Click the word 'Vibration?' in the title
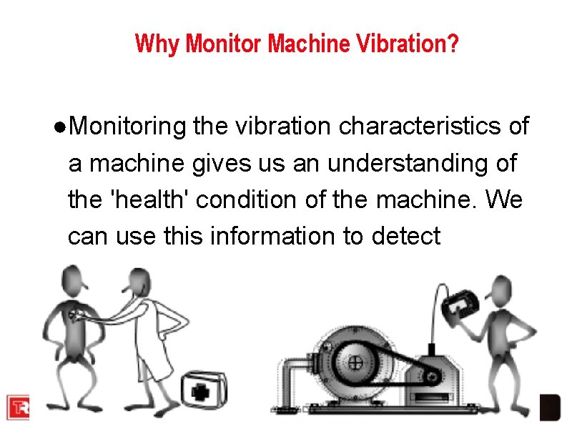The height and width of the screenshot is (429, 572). (x=415, y=44)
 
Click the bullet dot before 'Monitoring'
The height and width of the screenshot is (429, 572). (x=61, y=127)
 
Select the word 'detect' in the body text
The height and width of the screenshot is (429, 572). (x=406, y=235)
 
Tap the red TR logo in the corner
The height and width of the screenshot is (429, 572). (x=18, y=405)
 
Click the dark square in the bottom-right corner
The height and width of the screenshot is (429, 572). (x=549, y=405)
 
